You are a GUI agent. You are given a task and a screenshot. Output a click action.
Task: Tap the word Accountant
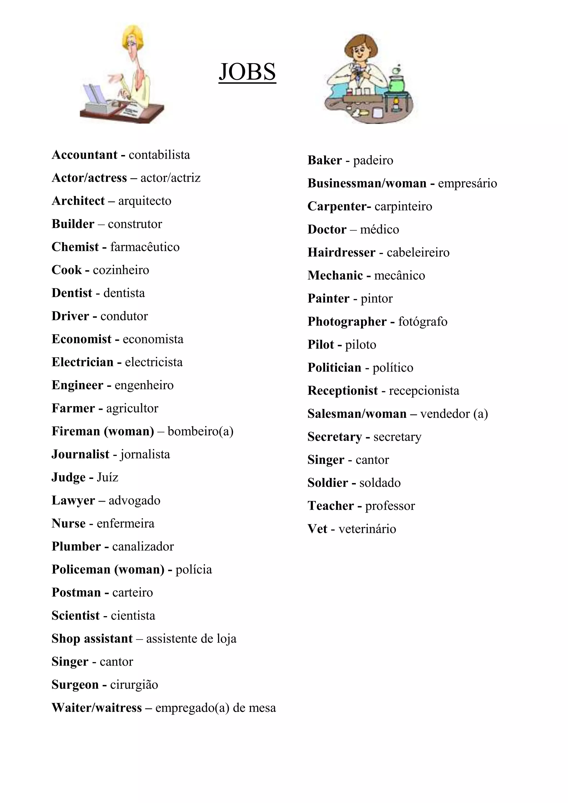click(84, 155)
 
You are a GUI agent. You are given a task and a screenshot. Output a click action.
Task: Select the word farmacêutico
click(145, 247)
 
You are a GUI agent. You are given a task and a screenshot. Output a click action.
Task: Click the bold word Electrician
click(83, 362)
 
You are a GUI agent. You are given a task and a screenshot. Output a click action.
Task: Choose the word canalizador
click(143, 546)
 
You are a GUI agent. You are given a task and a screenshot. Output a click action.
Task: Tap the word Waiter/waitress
click(97, 708)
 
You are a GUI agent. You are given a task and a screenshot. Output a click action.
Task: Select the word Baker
click(324, 160)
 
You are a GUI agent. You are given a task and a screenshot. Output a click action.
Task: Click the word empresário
click(467, 183)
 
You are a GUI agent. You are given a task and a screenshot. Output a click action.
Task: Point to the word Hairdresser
click(341, 252)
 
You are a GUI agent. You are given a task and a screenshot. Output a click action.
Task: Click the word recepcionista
click(424, 391)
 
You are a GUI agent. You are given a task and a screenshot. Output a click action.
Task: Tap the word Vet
click(317, 529)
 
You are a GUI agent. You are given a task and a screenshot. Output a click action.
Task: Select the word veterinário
click(367, 529)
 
